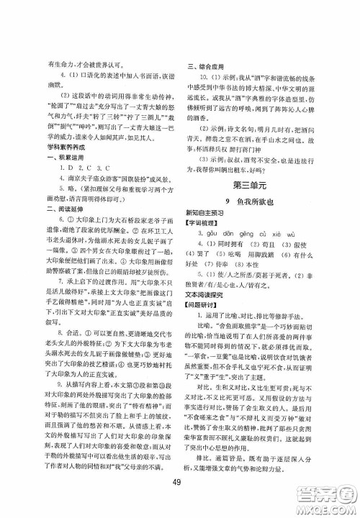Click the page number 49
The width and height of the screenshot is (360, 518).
point(179,481)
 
